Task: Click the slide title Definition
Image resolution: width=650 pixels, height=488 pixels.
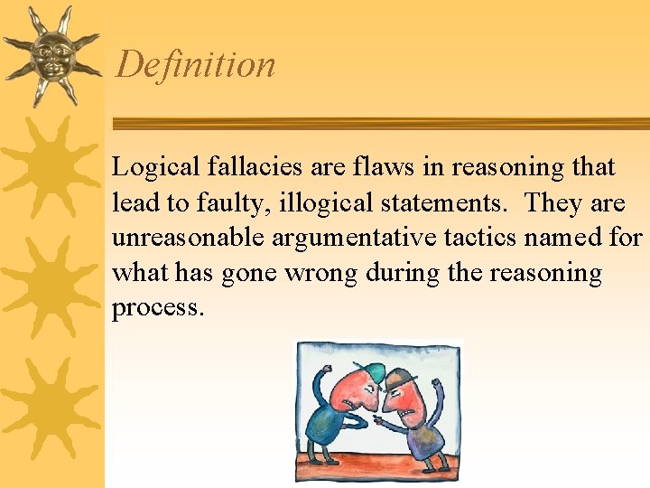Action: coord(195,65)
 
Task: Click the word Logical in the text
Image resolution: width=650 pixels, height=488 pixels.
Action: coord(148,168)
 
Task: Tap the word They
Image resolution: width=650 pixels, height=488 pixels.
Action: coord(553,203)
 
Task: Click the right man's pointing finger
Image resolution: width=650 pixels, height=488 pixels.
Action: coord(376,422)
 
